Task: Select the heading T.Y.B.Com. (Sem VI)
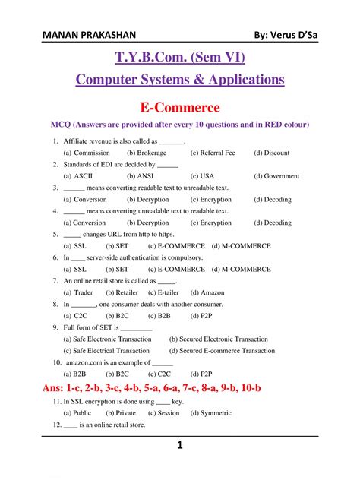[180, 58]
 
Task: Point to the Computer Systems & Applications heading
[180, 80]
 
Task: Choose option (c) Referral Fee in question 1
[213, 153]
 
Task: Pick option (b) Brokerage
[147, 153]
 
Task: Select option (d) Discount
[271, 153]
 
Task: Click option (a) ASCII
[78, 176]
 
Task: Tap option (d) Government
[276, 176]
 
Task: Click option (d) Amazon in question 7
[207, 292]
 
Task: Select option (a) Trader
[78, 292]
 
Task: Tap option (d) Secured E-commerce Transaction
[222, 351]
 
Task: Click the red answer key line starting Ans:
[143, 388]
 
